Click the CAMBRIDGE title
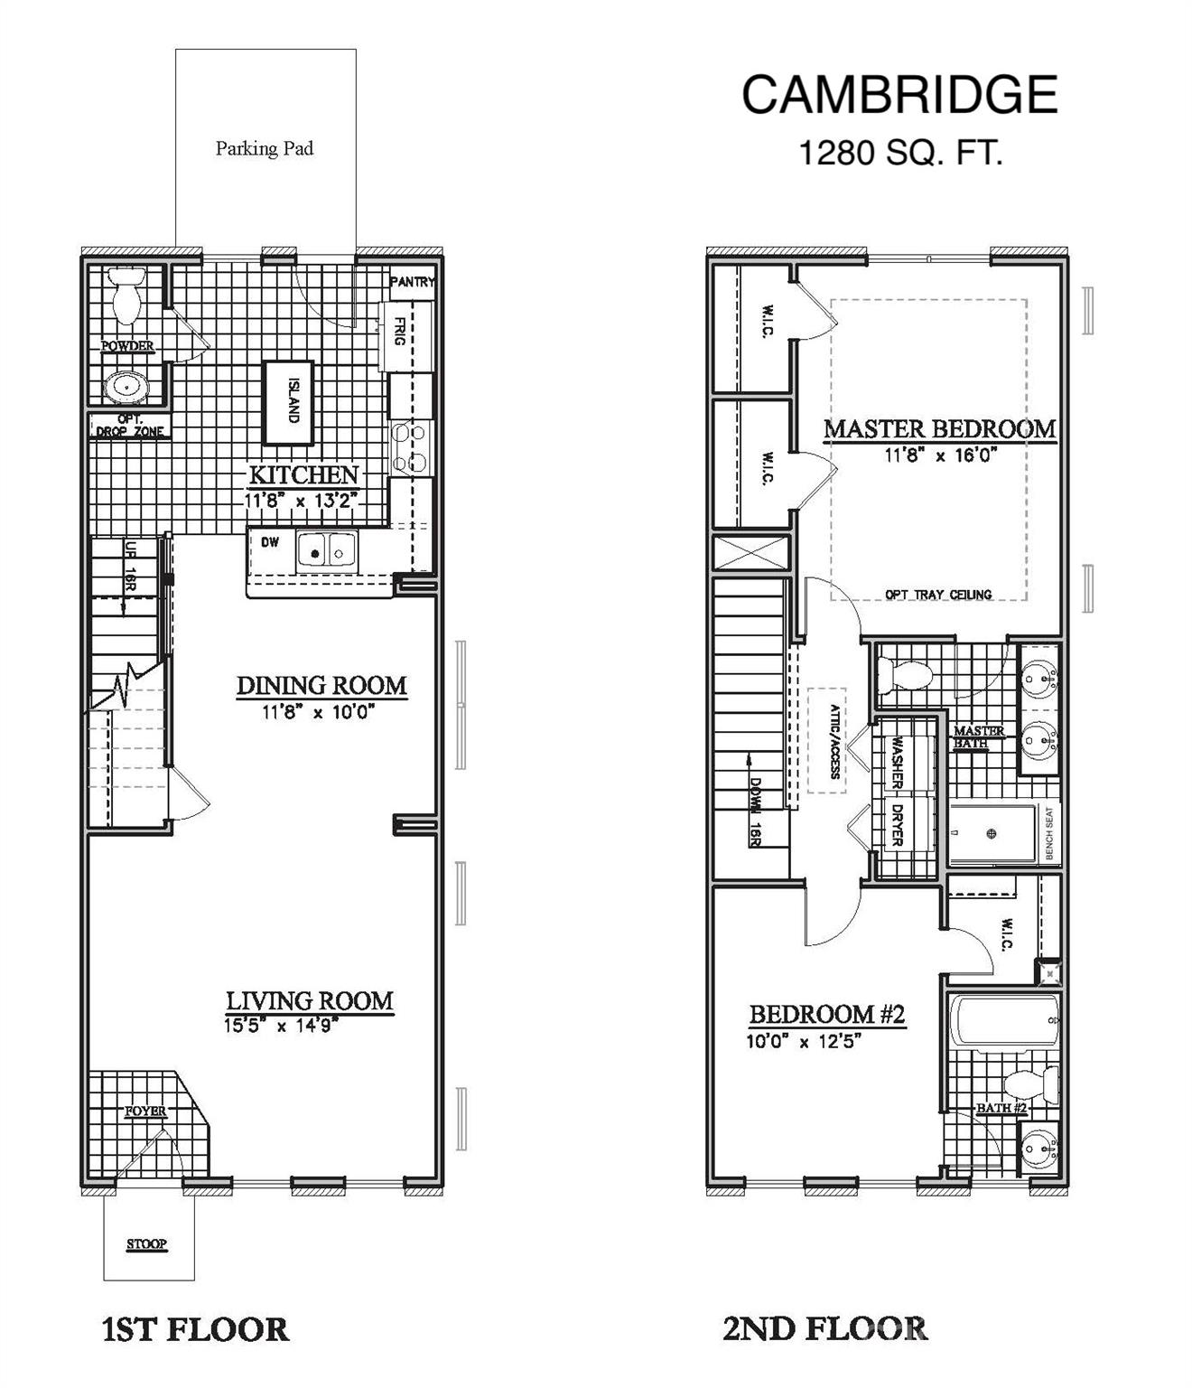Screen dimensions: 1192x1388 tap(899, 95)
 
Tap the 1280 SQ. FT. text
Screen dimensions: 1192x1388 tap(900, 153)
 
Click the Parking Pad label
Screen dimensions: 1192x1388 tap(265, 148)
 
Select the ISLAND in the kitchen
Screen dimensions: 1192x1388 tap(288, 403)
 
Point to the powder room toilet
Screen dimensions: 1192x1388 tap(126, 295)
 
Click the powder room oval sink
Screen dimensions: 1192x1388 tap(126, 387)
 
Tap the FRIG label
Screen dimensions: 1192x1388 tap(398, 332)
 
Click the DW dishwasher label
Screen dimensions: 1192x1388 tap(270, 542)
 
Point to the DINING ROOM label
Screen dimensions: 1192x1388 tap(321, 686)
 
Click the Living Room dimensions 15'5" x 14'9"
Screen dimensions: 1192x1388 tap(281, 1026)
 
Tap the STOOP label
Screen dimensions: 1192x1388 tap(147, 1244)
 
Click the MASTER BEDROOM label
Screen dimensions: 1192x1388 tap(940, 428)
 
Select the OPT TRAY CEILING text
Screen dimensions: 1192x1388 tap(938, 595)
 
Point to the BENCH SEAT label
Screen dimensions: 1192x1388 tap(1049, 832)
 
